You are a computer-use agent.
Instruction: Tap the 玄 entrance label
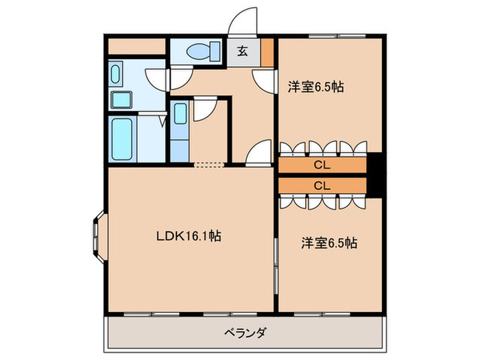(243, 50)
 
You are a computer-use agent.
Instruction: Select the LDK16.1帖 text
(188, 237)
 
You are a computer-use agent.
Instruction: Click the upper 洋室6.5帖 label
(315, 87)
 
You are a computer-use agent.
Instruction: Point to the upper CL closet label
(322, 165)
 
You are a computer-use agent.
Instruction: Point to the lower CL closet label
(322, 186)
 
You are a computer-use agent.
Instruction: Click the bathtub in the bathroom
(121, 139)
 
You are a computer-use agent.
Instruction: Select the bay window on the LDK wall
(95, 235)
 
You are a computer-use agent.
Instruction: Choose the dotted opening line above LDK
(209, 165)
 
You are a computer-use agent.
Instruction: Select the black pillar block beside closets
(374, 176)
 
